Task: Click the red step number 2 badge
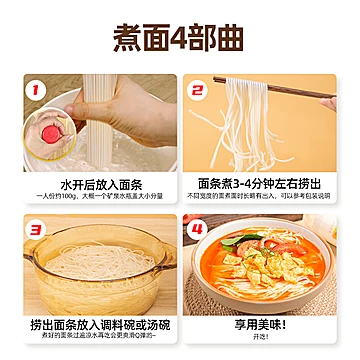pyautogui.click(x=199, y=92)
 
